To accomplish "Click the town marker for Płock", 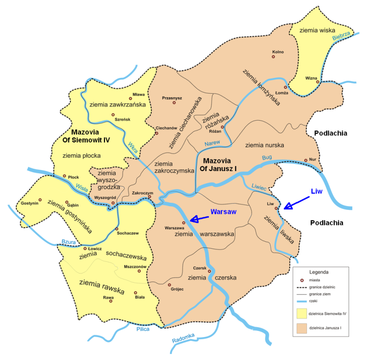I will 64,176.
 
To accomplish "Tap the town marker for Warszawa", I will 184,223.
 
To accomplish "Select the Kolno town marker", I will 273,57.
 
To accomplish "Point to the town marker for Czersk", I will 209,271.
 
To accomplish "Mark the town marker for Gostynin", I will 39,200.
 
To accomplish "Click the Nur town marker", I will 306,160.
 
